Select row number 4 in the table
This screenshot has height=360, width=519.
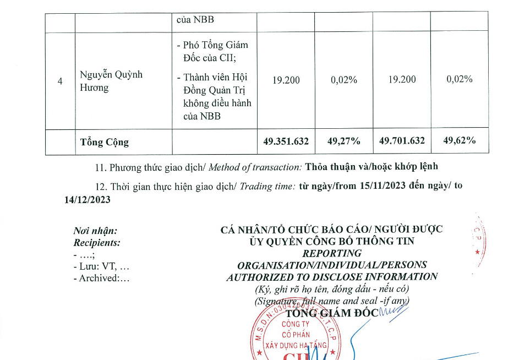click(60, 81)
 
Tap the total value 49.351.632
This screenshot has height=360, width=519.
click(286, 141)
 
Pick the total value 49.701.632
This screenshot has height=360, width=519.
click(402, 141)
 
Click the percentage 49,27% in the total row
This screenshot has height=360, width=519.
click(343, 141)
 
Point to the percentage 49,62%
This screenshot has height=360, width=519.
click(460, 141)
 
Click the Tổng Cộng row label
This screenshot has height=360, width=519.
click(105, 142)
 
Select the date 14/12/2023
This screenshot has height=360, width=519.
click(88, 200)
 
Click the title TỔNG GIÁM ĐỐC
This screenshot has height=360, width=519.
click(332, 313)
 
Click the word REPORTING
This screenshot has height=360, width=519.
click(332, 253)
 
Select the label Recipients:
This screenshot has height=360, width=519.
click(97, 243)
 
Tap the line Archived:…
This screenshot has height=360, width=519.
click(101, 278)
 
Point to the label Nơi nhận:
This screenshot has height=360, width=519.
click(95, 231)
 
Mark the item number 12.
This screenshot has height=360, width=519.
click(100, 186)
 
